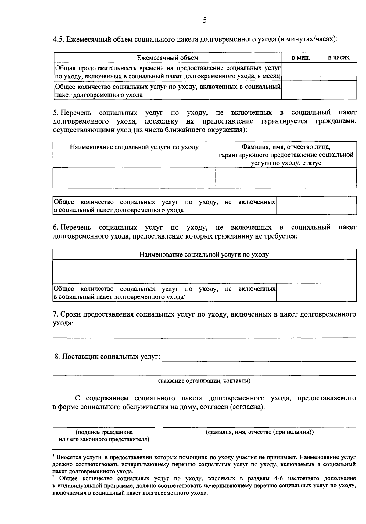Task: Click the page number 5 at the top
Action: [x=204, y=20]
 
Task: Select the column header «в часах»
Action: [x=339, y=58]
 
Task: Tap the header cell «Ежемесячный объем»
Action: [x=167, y=58]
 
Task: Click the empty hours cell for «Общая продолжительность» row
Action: [x=339, y=72]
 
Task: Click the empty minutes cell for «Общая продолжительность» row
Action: [x=301, y=72]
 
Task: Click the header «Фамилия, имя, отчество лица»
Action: [x=286, y=147]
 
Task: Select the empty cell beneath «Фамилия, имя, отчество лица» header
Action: [x=286, y=178]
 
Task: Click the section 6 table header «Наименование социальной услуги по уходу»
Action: [x=204, y=255]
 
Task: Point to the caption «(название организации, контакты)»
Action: [x=204, y=381]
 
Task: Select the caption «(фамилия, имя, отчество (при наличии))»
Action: [x=260, y=432]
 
